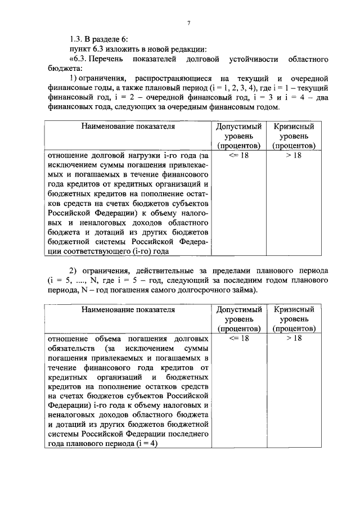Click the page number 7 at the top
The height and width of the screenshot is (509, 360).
[190, 22]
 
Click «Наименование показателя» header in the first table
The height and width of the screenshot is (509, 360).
[128, 127]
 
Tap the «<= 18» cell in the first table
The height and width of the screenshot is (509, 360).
[239, 155]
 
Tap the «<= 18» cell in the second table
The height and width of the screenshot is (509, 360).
[239, 338]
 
